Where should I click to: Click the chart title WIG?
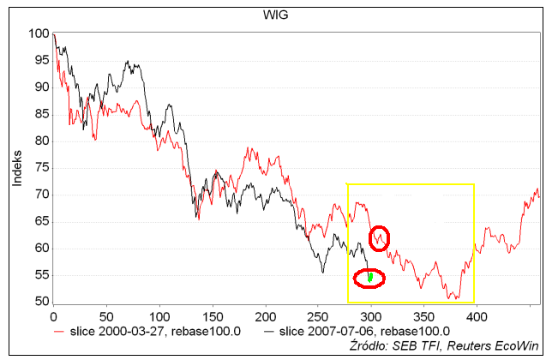click(x=274, y=13)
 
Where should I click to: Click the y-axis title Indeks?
click(x=17, y=167)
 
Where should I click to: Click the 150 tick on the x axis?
click(x=159, y=315)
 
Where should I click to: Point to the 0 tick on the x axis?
click(x=53, y=315)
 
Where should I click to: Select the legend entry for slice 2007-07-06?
click(x=333, y=330)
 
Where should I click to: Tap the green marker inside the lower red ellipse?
click(x=369, y=277)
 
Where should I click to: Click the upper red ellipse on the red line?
click(x=378, y=237)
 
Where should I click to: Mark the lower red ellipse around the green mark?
click(x=369, y=277)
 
